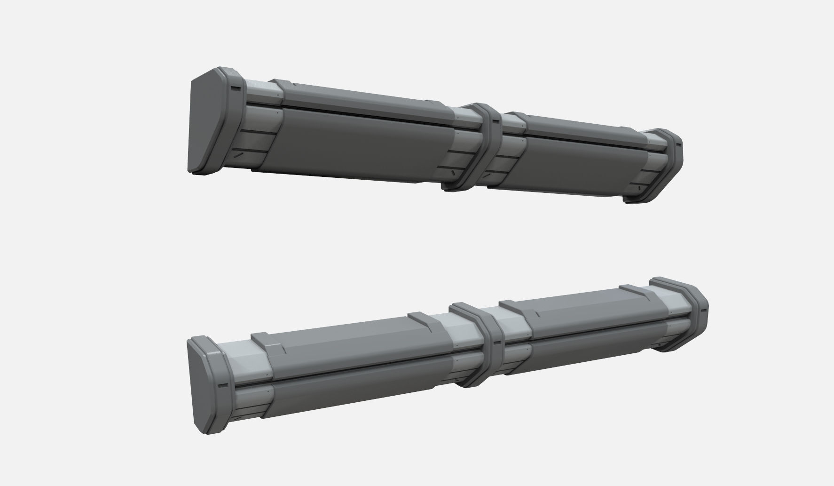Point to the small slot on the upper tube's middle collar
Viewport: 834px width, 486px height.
point(494,121)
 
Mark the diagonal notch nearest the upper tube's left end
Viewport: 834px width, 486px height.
point(239,154)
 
